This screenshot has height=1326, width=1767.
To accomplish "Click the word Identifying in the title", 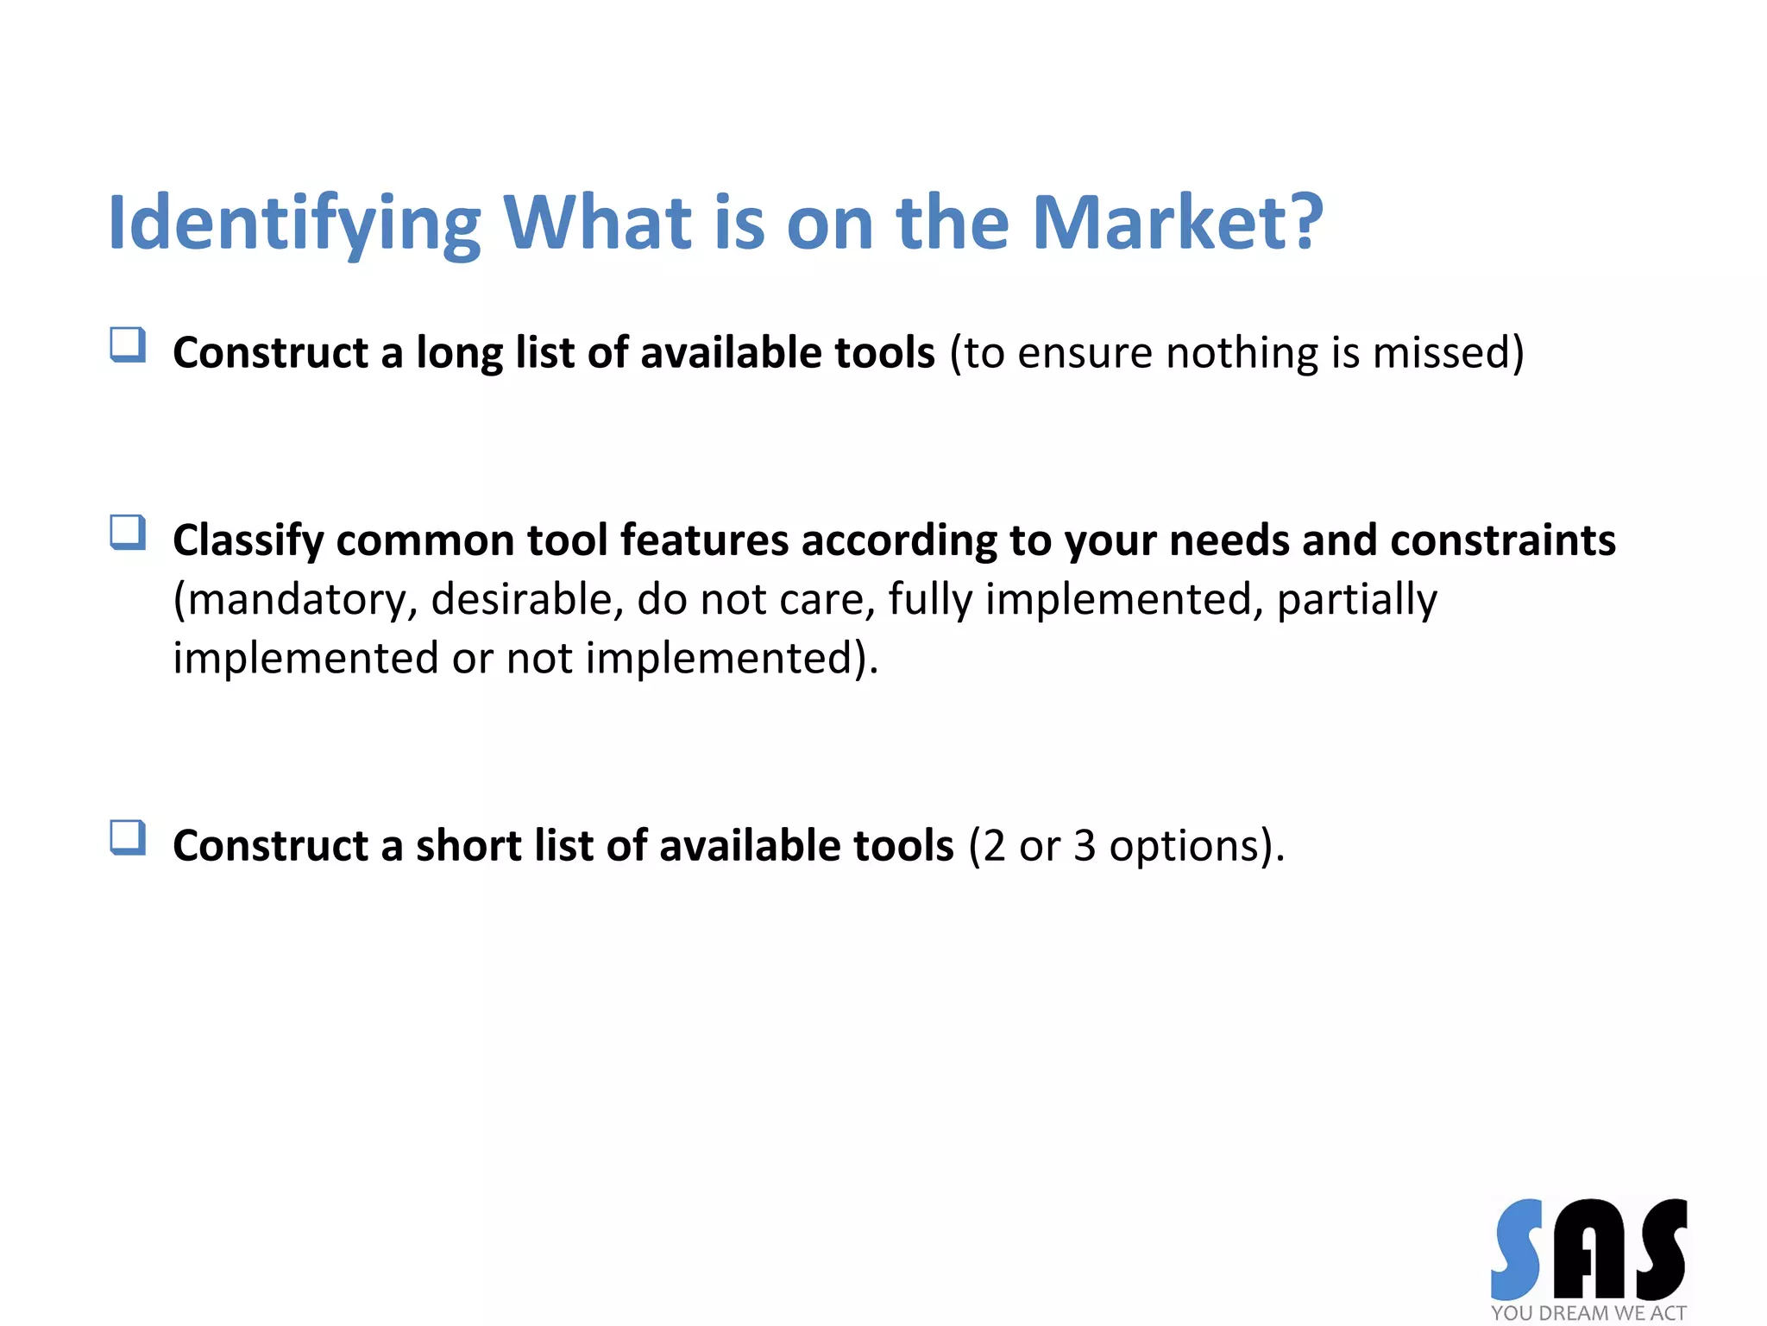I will point(293,223).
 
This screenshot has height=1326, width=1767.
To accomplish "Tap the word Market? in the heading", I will point(1177,223).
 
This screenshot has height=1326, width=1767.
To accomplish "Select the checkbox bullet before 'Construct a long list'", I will point(128,345).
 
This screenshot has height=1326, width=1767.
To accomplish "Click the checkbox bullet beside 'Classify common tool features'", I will point(128,533).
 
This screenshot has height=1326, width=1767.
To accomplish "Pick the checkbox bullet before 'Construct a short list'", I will point(128,837).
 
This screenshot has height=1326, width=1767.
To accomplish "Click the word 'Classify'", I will point(248,541).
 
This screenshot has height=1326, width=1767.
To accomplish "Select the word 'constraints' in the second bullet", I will point(1503,540).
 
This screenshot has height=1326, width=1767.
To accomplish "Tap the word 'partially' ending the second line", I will point(1356,600).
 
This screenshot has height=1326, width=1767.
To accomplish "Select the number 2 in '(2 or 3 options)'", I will point(994,845).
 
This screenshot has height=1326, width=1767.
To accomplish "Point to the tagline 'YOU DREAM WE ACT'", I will point(1588,1313).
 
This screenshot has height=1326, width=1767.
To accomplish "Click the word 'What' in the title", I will point(597,223).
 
